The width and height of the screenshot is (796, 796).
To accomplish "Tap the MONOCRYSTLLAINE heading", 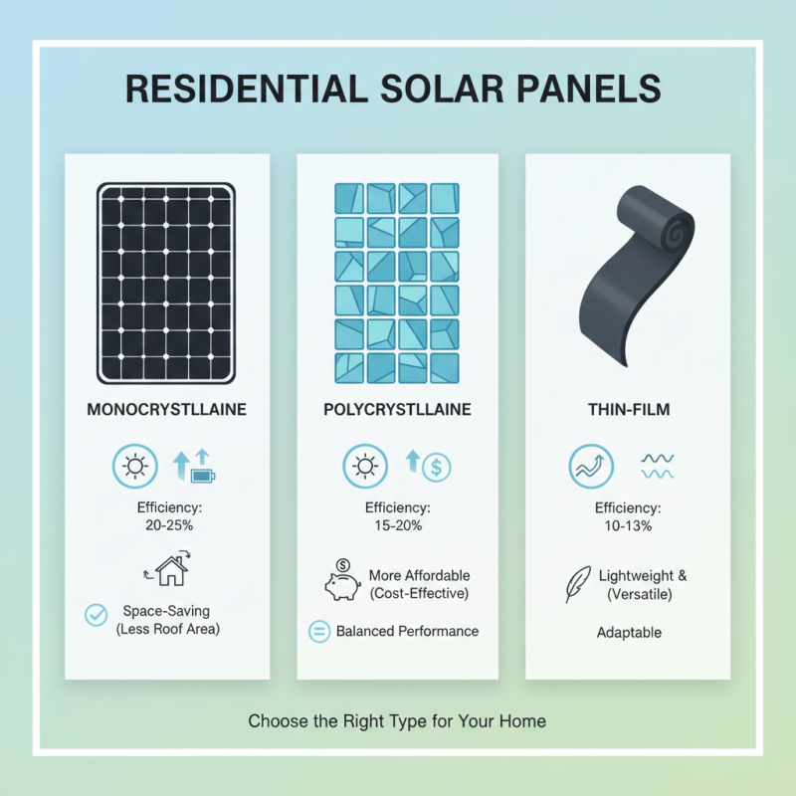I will [x=166, y=410].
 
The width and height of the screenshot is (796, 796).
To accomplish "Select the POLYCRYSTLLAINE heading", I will [x=397, y=410].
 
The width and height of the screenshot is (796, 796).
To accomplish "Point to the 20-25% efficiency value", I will [x=166, y=524].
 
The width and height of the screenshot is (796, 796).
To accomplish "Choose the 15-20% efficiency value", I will [x=397, y=524].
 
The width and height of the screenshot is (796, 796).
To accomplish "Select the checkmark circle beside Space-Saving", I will [x=97, y=615].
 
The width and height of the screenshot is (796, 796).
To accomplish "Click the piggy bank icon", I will [x=341, y=584].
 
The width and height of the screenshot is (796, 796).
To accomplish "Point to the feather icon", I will [x=575, y=584].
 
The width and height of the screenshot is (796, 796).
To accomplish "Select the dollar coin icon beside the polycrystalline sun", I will [x=437, y=466].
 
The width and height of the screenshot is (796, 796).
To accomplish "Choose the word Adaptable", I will [x=629, y=633].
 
